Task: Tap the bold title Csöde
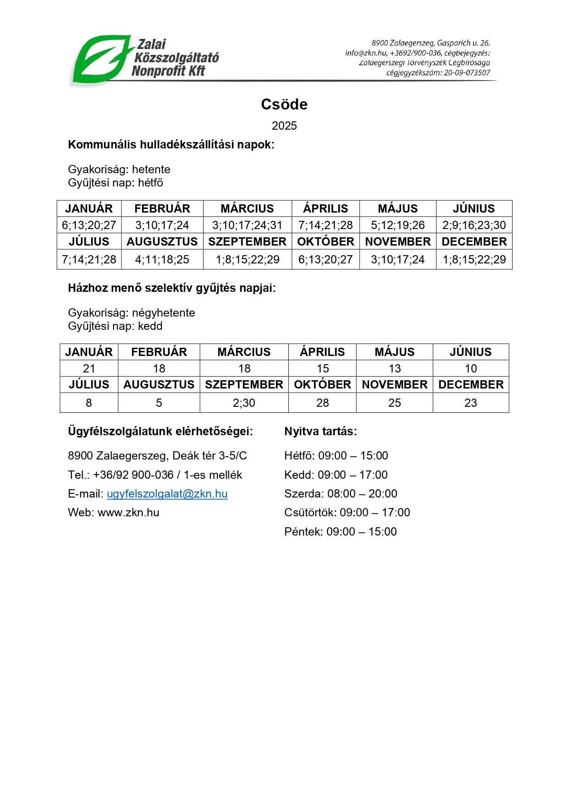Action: coord(284,104)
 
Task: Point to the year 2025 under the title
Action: coord(284,126)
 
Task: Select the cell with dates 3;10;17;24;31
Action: coord(247,225)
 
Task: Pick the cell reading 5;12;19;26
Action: coord(398,225)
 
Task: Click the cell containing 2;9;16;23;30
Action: coord(474,225)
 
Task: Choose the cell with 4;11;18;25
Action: coord(162,260)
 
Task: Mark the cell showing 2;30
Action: coord(244,403)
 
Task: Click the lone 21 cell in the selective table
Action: coord(89,369)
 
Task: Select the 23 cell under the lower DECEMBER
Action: coord(471,403)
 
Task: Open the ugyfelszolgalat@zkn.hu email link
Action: coord(167,494)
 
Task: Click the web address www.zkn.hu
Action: coord(128,513)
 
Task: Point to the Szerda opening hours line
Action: coord(341,494)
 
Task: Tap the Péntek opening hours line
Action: coord(340,532)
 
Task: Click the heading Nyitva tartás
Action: coord(320,432)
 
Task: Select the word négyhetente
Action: coord(163,313)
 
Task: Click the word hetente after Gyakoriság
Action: coord(151,170)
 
